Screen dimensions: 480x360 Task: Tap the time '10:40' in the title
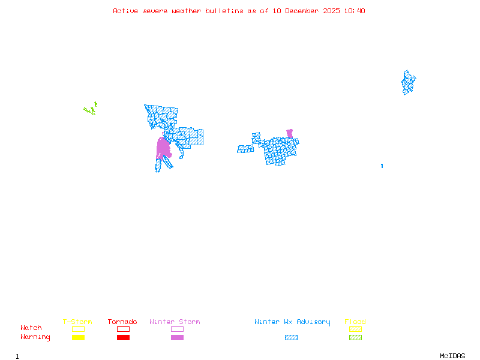[x=355, y=11]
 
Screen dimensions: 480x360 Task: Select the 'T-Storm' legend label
[x=77, y=322]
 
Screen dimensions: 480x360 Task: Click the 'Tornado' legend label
[x=122, y=322]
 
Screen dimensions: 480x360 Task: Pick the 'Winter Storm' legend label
[x=175, y=322]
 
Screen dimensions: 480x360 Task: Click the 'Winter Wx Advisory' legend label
[x=292, y=322]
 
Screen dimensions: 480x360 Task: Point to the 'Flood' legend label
[x=355, y=322]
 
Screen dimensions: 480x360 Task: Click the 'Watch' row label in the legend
[x=31, y=328]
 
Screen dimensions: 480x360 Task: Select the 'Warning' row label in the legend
[x=35, y=337]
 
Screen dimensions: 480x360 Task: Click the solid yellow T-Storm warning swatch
[x=78, y=337]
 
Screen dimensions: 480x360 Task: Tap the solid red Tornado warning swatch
[x=123, y=337]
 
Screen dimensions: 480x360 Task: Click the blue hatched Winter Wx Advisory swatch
[x=291, y=337]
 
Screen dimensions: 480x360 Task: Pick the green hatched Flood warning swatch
[x=355, y=337]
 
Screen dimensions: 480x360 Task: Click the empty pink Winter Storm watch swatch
[x=177, y=329]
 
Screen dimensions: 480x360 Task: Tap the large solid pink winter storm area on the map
[x=163, y=148]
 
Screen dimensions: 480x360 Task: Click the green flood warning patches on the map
[x=90, y=110]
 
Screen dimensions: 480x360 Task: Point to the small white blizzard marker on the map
[x=382, y=160]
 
